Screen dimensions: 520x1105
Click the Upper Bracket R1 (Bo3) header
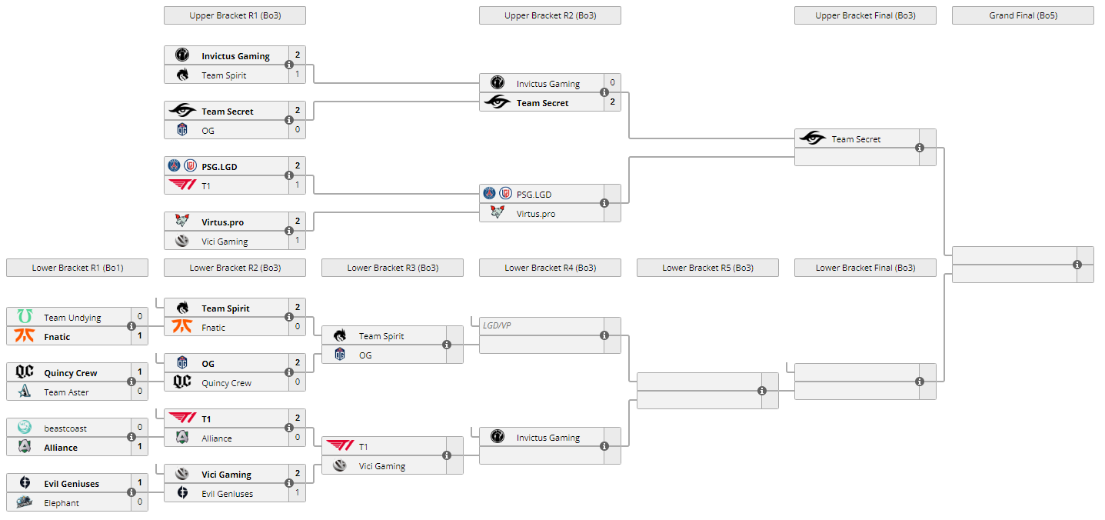(235, 15)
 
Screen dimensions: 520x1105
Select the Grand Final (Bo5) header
(1023, 15)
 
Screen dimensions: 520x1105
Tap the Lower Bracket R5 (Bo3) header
(707, 268)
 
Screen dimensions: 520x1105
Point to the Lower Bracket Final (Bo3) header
(865, 268)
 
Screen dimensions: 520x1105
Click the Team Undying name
(72, 318)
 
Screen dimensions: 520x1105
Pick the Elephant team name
(62, 503)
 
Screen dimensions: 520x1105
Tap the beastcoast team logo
(25, 428)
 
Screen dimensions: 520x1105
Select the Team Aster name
(66, 392)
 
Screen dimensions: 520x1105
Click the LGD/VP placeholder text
(497, 325)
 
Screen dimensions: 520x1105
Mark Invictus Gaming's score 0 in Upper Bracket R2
(612, 82)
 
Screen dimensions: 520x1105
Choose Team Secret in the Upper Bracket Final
(856, 139)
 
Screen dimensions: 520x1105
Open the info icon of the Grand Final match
(1077, 265)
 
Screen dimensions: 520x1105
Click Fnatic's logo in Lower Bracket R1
(25, 336)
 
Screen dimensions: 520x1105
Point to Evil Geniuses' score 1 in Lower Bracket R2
(298, 492)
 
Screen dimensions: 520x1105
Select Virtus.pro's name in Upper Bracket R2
(535, 214)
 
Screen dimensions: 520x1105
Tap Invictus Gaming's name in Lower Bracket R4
(548, 438)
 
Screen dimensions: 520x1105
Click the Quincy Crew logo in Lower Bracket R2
(182, 382)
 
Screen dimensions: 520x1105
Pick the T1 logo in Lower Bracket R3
(339, 446)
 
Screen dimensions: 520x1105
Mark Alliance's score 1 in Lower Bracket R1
(139, 445)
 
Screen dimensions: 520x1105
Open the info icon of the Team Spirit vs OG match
(447, 345)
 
